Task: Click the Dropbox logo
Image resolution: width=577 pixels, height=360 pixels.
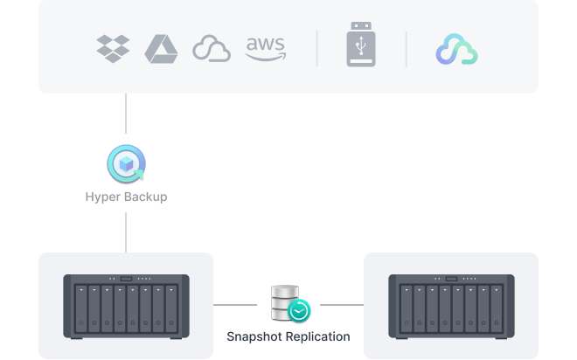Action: tap(113, 48)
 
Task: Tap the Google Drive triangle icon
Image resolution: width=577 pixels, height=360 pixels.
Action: tap(161, 48)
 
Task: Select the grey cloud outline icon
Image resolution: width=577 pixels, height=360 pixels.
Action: tap(211, 49)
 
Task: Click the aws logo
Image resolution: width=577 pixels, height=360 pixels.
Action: tap(265, 48)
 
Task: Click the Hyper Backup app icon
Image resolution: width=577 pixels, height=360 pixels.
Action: tap(126, 164)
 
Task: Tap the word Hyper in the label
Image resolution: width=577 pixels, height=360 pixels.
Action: tap(101, 197)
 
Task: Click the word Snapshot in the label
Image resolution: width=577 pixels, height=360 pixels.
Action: tap(254, 336)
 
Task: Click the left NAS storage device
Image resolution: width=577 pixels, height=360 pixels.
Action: tap(126, 306)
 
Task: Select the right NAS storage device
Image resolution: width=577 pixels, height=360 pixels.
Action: tap(451, 306)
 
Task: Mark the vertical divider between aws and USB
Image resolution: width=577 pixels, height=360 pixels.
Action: tap(317, 49)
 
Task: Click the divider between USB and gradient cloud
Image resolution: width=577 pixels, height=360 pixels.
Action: tap(406, 49)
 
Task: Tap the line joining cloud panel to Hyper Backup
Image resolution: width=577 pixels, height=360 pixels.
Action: tap(126, 118)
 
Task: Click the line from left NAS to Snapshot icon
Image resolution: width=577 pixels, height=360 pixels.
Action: tap(240, 306)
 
